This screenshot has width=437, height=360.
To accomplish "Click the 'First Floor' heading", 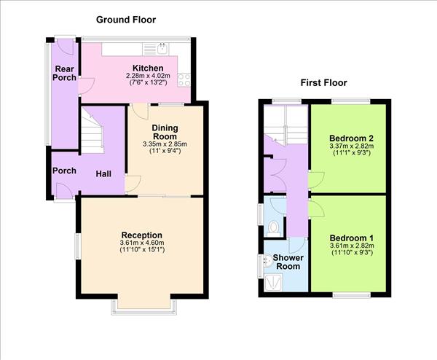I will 323,82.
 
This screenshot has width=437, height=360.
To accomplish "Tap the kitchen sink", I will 161,50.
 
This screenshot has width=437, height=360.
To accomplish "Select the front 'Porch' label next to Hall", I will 64,171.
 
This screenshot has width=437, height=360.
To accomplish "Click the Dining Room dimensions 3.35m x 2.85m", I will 165,144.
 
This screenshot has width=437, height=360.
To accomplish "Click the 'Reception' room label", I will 137,235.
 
